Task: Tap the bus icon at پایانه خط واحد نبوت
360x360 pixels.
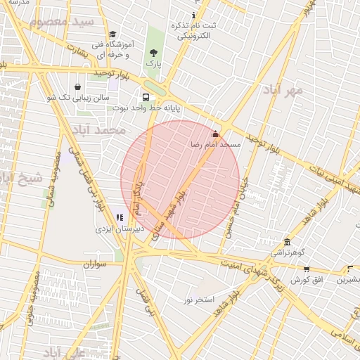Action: pos(146,98)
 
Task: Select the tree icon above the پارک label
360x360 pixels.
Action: pos(154,53)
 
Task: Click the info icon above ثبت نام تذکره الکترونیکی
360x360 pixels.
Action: pos(194,15)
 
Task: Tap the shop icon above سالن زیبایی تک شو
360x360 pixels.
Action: pos(77,86)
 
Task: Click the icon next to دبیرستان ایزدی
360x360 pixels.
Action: pos(120,217)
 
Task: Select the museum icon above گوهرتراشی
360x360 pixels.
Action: pos(286,241)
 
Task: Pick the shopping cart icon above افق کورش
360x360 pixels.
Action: pos(307,269)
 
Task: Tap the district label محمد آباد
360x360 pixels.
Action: pos(102,130)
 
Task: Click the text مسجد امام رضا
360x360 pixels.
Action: pos(216,144)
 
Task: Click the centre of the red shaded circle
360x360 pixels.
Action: pos(180,179)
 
